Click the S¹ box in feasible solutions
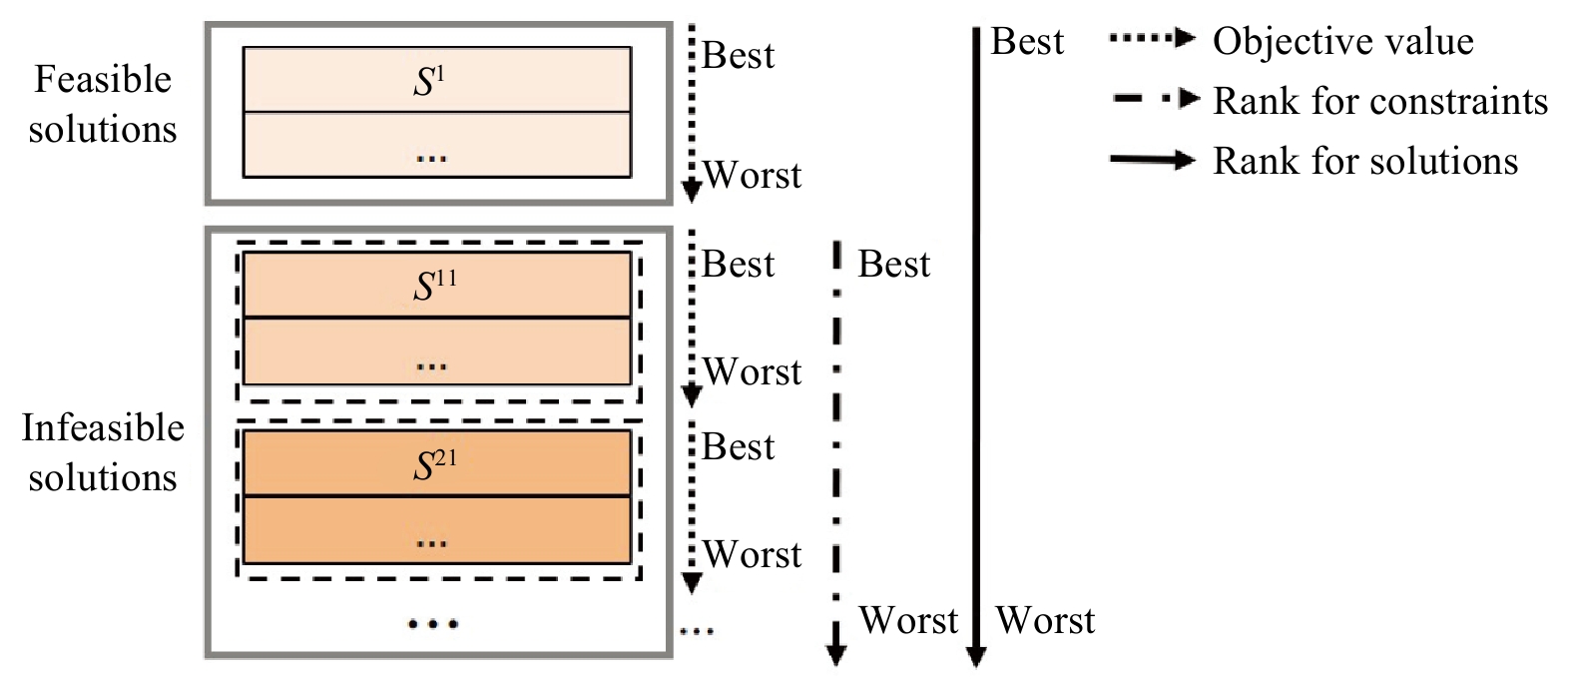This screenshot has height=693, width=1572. [436, 79]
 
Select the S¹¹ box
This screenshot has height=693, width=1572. [436, 285]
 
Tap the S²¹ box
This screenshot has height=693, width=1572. [436, 462]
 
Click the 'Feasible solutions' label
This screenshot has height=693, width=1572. [103, 104]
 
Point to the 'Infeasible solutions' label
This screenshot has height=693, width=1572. [103, 452]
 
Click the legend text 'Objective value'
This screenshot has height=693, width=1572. [1342, 41]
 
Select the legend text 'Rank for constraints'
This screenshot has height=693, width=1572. [1380, 101]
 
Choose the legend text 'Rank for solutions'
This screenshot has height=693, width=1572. [1365, 161]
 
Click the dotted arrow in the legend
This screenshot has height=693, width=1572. [1152, 38]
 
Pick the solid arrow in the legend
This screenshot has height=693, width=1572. [1152, 160]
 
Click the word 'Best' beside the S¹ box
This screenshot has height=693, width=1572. [738, 55]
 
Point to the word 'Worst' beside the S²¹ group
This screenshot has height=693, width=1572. [752, 554]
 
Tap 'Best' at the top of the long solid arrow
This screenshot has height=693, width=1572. [1027, 41]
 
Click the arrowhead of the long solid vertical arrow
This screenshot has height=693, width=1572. [976, 656]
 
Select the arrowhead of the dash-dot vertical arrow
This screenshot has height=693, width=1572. [835, 654]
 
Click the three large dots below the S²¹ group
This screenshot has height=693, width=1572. [433, 623]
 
